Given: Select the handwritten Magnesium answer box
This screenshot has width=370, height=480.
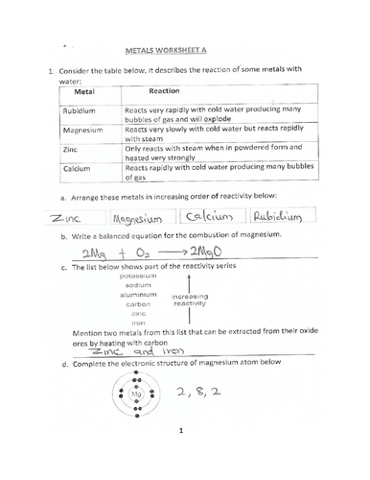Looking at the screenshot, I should (x=141, y=217).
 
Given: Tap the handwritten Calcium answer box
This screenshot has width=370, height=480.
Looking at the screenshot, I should (x=215, y=217).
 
